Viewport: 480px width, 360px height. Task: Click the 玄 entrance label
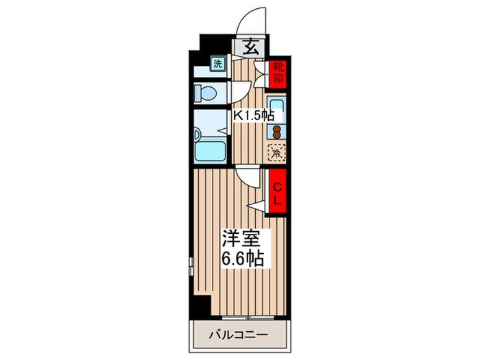click(x=251, y=48)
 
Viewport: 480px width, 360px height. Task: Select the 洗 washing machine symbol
click(x=217, y=64)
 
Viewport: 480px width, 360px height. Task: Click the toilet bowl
click(x=206, y=92)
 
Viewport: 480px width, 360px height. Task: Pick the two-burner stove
click(x=278, y=131)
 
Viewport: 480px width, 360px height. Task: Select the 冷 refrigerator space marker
click(x=277, y=154)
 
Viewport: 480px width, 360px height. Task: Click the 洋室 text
click(x=241, y=239)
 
